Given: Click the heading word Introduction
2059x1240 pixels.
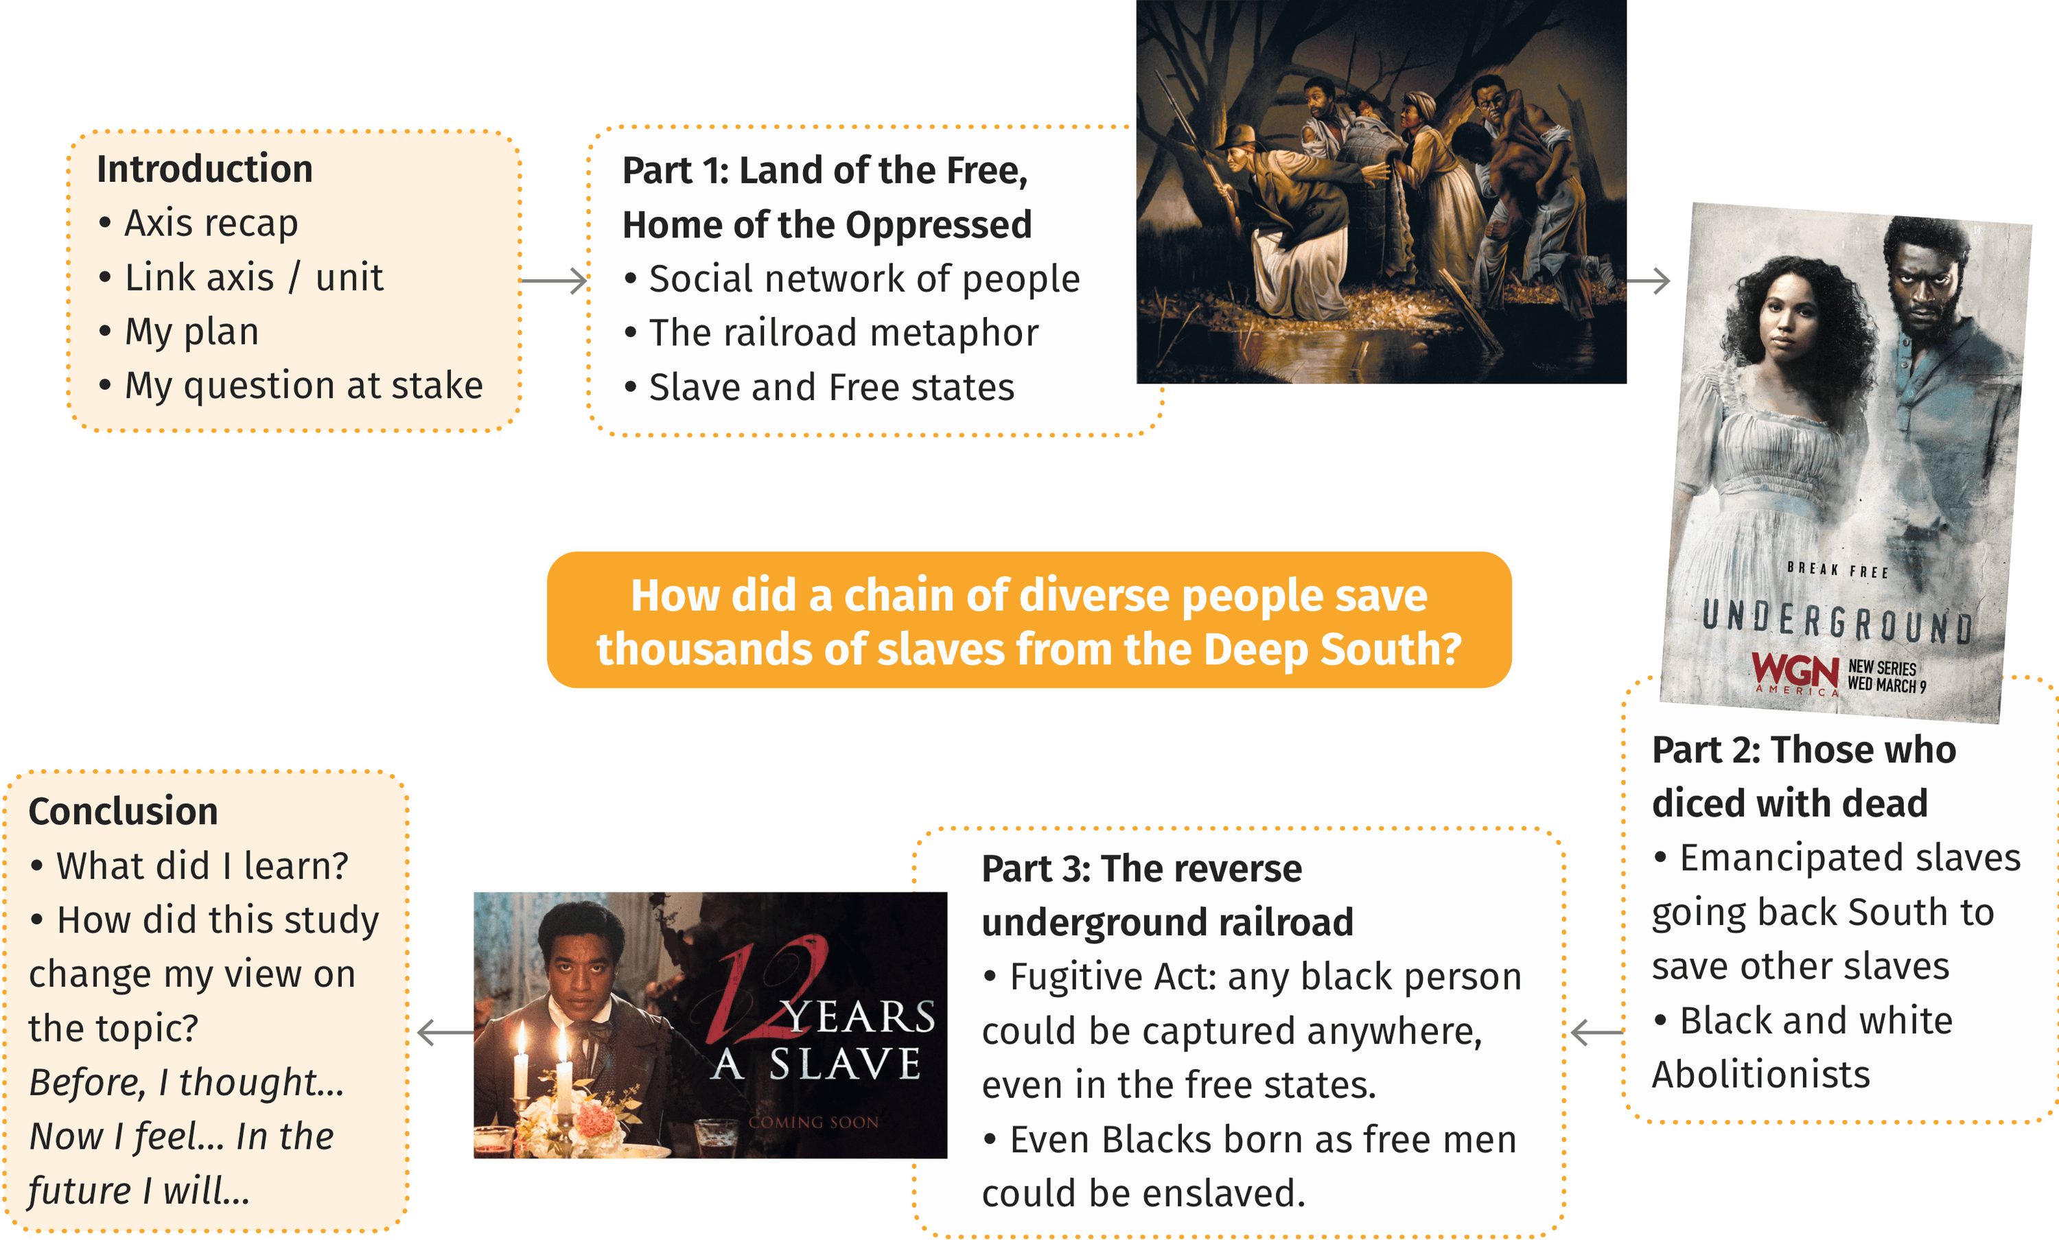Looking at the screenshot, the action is pos(205,169).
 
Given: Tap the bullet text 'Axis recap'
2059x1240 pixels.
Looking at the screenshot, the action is pos(211,223).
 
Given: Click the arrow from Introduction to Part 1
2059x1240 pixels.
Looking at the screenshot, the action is pos(553,281).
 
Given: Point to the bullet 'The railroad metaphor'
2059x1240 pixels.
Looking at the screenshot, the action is pos(844,333).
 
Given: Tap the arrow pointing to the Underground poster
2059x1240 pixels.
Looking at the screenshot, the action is pos(1648,281).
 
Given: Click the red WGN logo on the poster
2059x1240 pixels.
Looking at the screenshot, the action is pos(1795,672).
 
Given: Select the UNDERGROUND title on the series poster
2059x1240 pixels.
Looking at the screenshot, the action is pos(1837,622).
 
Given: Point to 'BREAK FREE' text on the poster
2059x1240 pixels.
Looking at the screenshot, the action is pos(1837,570).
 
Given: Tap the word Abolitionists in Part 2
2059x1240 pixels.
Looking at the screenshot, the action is pos(1760,1075).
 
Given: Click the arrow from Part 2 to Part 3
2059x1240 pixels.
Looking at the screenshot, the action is pos(1598,1033).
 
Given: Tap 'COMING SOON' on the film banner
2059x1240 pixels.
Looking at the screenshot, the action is pos(813,1122).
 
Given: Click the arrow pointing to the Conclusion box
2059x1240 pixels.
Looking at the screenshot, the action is pos(446,1033).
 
